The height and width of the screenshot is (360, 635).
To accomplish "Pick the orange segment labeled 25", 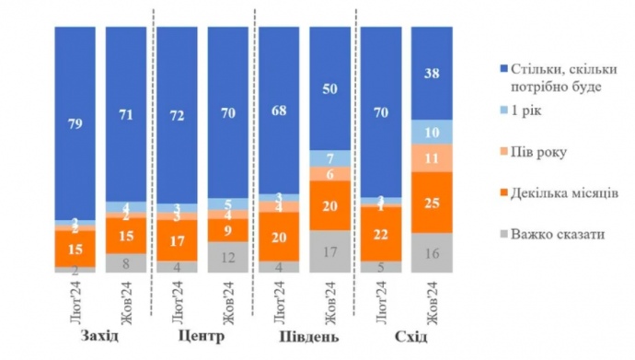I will click(x=430, y=202).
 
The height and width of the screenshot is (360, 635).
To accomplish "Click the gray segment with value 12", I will click(x=227, y=258).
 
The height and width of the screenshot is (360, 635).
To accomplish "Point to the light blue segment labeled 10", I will click(x=430, y=132).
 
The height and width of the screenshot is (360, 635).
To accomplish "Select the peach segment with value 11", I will click(x=430, y=157).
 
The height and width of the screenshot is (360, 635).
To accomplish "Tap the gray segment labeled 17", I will click(x=329, y=251).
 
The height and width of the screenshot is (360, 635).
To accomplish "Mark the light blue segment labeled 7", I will click(x=329, y=157).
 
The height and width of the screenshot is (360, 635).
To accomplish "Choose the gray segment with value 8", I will click(x=126, y=262).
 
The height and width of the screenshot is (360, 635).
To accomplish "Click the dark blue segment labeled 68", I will click(x=278, y=110).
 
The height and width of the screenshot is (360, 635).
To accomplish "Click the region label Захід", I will click(x=99, y=335).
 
